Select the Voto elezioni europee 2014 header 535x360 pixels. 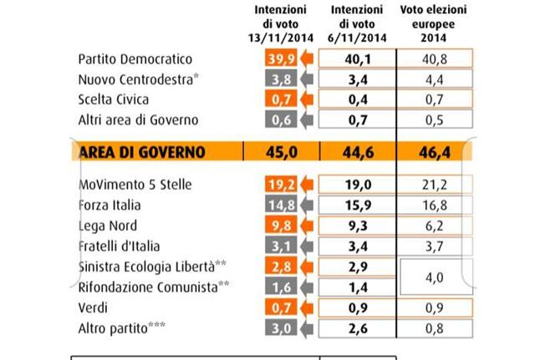click(434, 23)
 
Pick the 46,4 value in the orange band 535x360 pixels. click(434, 152)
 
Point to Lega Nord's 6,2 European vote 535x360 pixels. click(434, 226)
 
